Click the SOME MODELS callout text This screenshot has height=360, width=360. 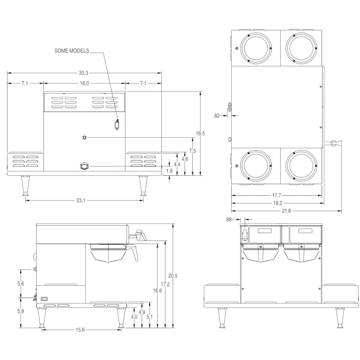click(72, 51)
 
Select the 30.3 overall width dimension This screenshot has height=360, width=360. click(83, 73)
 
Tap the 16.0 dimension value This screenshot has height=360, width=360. click(85, 83)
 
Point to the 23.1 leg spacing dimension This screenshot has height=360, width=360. click(81, 200)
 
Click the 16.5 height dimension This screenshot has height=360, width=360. click(200, 133)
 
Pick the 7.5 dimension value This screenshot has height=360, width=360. click(192, 151)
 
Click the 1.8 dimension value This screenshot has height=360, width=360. click(169, 171)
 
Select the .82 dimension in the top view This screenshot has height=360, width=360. click(216, 116)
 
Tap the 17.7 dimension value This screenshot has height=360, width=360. click(276, 195)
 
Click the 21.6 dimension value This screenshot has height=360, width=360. click(286, 211)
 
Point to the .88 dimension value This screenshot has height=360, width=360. click(228, 220)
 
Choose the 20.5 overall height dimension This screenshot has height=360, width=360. click(173, 276)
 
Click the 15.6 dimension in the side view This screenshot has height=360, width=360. click(80, 330)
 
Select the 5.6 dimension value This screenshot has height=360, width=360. click(21, 283)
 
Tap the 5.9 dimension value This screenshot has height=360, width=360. click(21, 311)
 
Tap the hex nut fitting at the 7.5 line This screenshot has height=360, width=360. click(85, 138)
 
